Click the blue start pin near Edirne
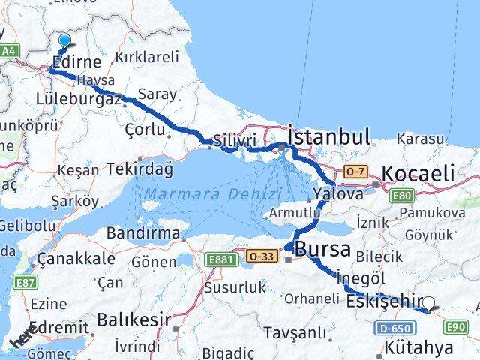pyautogui.click(x=64, y=41)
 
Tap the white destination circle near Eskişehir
pyautogui.click(x=429, y=304)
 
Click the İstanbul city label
pyautogui.click(x=328, y=137)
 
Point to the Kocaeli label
pyautogui.click(x=418, y=174)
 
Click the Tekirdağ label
pyautogui.click(x=139, y=169)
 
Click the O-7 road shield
pyautogui.click(x=354, y=172)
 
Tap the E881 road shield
pyautogui.click(x=220, y=259)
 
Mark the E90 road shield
pyautogui.click(x=457, y=326)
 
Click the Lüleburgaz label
pyautogui.click(x=78, y=98)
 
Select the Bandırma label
pyautogui.click(x=146, y=232)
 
